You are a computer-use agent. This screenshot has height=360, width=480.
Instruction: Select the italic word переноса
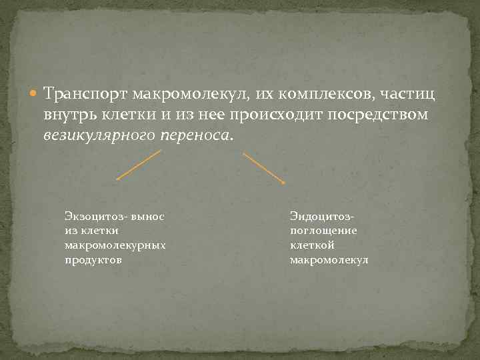pos(197,135)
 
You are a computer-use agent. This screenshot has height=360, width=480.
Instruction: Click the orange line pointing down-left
pos(139,165)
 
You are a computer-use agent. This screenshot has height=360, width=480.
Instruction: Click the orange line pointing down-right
pos(263,168)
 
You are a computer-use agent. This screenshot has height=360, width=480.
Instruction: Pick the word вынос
pos(148,216)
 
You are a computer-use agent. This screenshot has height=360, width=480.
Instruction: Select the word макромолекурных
pos(115,245)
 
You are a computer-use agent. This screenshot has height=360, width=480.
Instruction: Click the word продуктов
pos(93,260)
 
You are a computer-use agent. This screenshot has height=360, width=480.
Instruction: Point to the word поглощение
pos(323,231)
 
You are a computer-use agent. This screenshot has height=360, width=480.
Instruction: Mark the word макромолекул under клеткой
pos(329,260)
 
